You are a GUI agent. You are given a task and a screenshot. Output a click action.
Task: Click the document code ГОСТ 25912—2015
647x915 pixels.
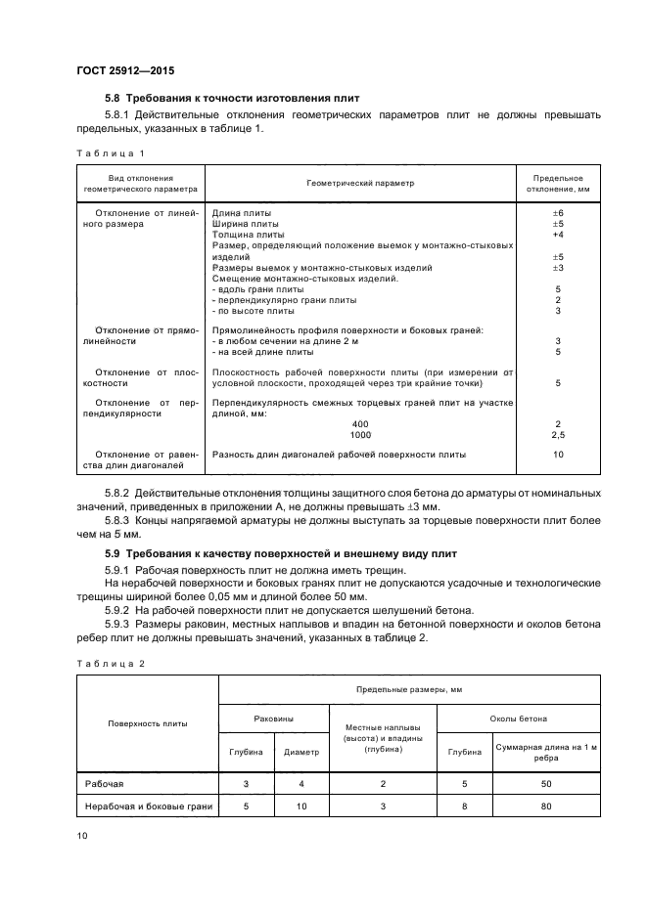coord(124,71)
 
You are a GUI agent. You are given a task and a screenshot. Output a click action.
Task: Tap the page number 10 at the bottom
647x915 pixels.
coord(82,835)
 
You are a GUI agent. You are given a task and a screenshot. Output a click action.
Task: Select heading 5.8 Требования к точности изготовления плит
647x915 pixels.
coord(232,99)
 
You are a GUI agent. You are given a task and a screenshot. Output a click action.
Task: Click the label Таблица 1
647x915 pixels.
coord(110,152)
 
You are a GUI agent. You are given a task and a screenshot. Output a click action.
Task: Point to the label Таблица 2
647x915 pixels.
coord(110,664)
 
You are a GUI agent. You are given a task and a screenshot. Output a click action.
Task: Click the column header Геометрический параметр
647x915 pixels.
coord(360,183)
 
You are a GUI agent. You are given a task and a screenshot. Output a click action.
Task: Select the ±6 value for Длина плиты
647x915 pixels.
coord(557,213)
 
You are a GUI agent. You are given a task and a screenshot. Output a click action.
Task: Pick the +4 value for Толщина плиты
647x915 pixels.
coord(557,235)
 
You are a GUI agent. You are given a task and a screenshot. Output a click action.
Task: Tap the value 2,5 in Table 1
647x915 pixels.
coord(558,434)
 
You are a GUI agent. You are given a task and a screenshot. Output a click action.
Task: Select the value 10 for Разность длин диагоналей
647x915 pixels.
coord(558,455)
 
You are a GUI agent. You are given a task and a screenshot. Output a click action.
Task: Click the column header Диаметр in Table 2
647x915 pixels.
coord(301,752)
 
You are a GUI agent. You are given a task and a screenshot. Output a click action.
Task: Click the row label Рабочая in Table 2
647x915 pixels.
coord(104,784)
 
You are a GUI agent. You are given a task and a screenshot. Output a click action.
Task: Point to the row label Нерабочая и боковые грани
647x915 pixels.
coord(149,806)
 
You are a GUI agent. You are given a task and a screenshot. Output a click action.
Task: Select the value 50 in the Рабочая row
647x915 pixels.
coord(546,784)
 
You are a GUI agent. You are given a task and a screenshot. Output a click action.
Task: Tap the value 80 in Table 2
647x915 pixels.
coord(546,806)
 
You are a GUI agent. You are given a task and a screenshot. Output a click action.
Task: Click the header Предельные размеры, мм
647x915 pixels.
coord(409,689)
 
